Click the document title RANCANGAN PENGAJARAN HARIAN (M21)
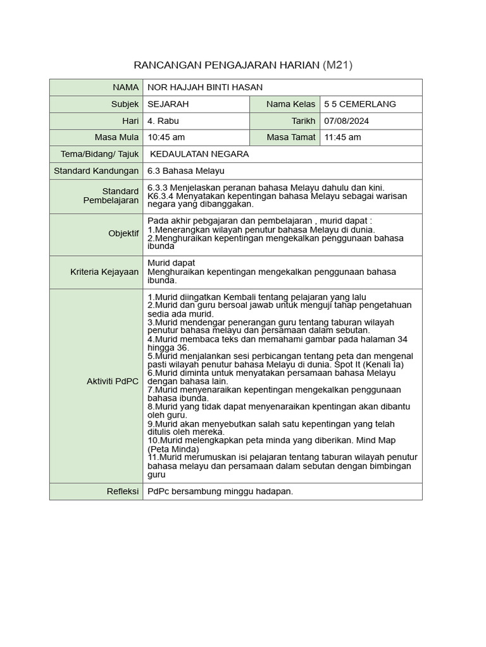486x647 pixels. pos(243,65)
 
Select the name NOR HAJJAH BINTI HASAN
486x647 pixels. pos(204,87)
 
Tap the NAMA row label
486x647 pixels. pos(125,87)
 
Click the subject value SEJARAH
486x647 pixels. pos(168,104)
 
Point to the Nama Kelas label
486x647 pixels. pos(290,104)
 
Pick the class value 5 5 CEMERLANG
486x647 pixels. pos(359,104)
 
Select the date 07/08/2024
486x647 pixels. pos(346,121)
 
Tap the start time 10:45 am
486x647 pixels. pos(166,137)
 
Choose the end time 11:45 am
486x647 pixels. pos(342,137)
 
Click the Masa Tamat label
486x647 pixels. pos(290,137)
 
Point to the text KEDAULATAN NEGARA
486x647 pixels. pos(199,154)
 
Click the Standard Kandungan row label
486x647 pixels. pos(96,171)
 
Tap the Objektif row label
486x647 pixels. pos(123,234)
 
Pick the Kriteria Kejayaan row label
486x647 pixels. pos(104,272)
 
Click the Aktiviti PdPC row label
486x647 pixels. pos(113,382)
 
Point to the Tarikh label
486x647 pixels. pos(303,121)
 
